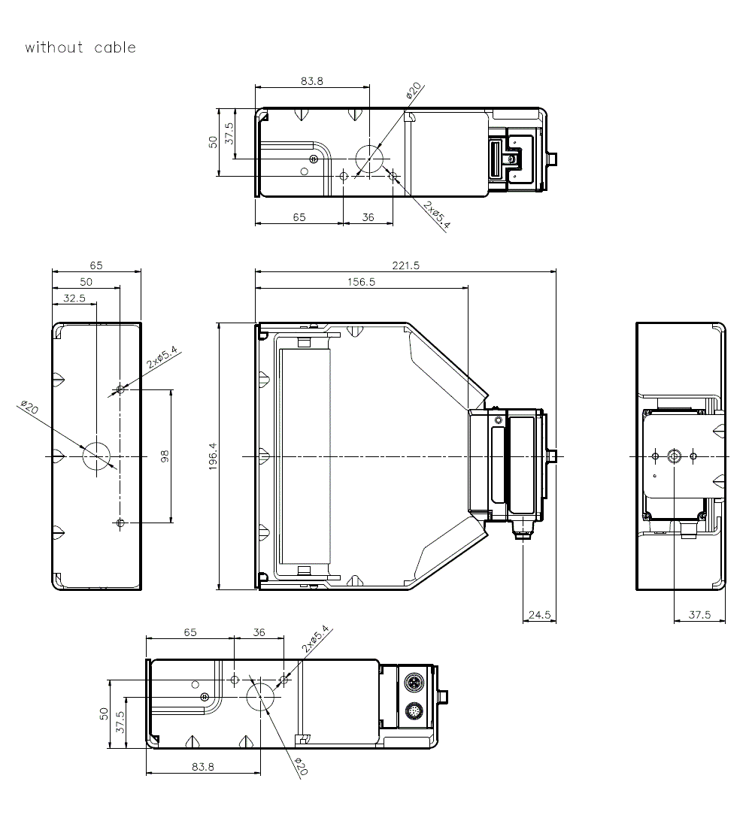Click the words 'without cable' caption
pos(80,47)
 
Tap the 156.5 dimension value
pos(361,282)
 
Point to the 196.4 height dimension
pos(213,456)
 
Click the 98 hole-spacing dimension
pos(165,456)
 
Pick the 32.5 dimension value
pos(74,298)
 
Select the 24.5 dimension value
pos(539,614)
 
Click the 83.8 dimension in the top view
pos(311,81)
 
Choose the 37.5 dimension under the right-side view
pos(699,614)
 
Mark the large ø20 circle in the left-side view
pos(97,456)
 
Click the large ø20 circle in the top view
pos(369,159)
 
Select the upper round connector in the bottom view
pos(414,683)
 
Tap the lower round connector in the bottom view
pos(414,710)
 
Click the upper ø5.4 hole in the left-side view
pos(120,389)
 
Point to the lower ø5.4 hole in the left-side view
pos(120,523)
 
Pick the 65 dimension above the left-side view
pos(96,265)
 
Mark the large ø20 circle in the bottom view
pos(260,694)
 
